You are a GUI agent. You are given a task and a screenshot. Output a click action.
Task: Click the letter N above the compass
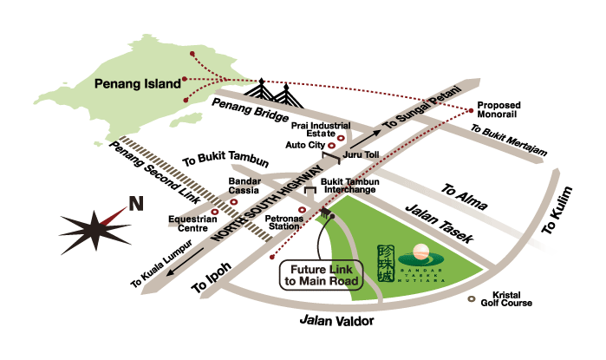(x=135, y=205)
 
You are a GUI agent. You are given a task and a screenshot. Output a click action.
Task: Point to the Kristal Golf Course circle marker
(x=472, y=299)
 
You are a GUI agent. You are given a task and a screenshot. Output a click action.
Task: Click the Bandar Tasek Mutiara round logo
(x=420, y=252)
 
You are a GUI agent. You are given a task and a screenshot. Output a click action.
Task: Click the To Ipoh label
(x=208, y=278)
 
